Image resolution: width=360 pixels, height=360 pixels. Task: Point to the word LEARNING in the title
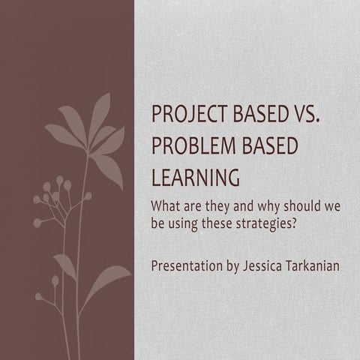pyautogui.click(x=196, y=178)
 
